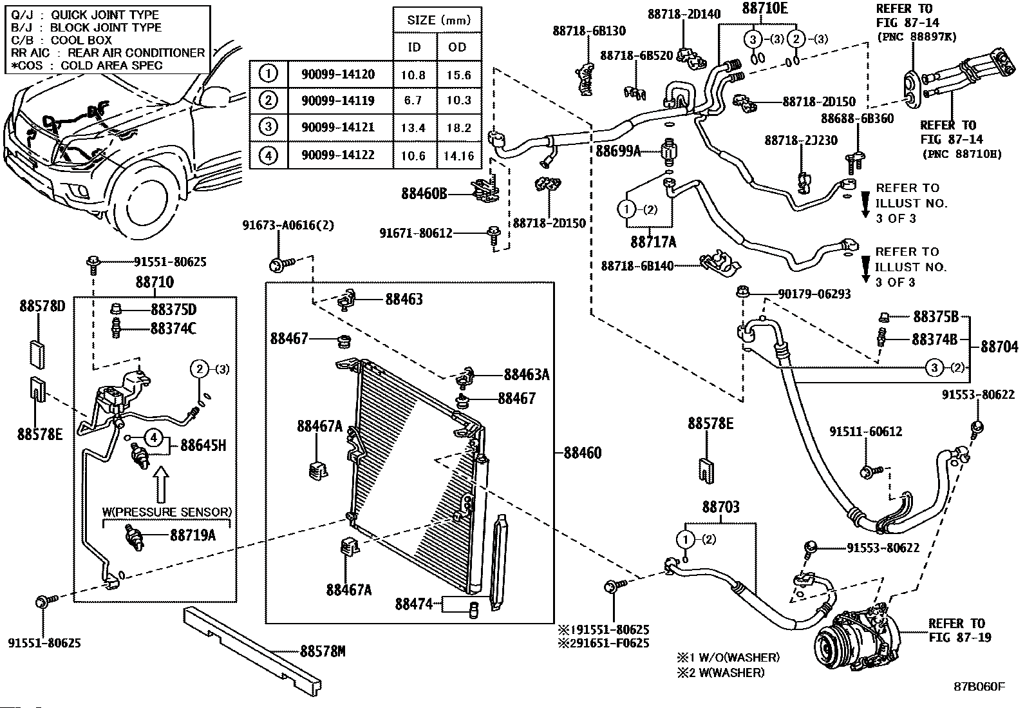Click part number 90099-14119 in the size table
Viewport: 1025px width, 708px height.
point(338,100)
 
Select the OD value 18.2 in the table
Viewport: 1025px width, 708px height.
point(458,128)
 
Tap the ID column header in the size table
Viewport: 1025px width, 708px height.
point(414,47)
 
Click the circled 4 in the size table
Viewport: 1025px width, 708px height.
point(268,155)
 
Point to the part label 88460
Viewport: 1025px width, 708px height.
point(583,453)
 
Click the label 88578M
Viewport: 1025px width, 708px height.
point(323,651)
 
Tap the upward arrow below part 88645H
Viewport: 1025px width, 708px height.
point(160,484)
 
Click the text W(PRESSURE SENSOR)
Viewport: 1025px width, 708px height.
point(167,512)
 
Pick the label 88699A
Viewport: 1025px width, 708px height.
point(618,151)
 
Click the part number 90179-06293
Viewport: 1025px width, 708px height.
point(814,294)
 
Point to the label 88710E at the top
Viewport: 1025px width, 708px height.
point(765,8)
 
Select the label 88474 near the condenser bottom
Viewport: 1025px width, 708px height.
point(413,604)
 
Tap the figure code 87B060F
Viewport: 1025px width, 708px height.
point(979,687)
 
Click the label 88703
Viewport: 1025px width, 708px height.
point(720,507)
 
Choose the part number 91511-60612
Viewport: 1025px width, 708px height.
point(866,432)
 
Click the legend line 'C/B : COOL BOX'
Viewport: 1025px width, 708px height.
point(61,41)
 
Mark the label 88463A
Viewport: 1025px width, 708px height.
point(527,374)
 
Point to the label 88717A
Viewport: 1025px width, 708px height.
point(653,242)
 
